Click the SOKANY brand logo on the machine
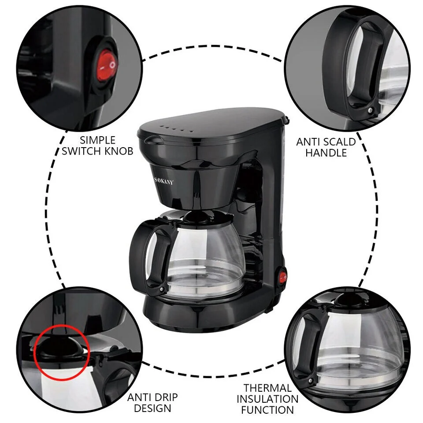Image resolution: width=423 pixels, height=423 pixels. tap(164, 181)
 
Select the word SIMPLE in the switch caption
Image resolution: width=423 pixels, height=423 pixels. tap(97, 140)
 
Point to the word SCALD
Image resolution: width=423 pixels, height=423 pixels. tap(339, 142)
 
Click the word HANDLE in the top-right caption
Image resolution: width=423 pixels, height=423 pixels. tap(326, 153)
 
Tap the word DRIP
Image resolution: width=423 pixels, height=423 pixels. tap(165, 397)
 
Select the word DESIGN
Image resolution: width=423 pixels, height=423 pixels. tap(152, 408)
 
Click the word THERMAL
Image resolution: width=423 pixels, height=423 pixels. tap(267, 388)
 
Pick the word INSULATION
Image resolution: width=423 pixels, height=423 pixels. tap(267, 399)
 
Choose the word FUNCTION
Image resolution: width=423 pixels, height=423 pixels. tap(267, 410)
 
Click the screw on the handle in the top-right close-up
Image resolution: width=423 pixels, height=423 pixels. tap(371, 110)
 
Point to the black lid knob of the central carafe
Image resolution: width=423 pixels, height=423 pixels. tap(197, 216)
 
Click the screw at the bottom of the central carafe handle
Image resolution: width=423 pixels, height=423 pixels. tap(162, 289)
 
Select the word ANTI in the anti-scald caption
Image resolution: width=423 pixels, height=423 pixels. tap(308, 142)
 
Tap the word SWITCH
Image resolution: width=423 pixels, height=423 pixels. tap(82, 151)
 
